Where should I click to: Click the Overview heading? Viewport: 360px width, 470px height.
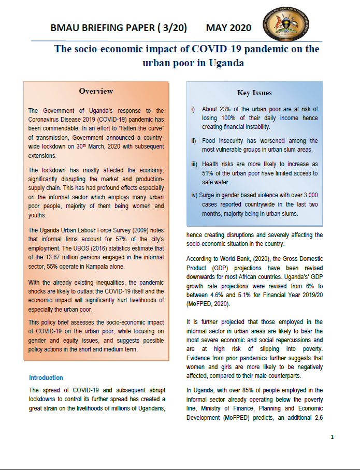tap(96, 91)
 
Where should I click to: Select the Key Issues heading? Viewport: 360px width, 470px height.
tap(254, 93)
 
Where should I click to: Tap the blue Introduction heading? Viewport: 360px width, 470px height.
tap(46, 378)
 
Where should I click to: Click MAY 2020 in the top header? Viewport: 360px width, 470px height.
tap(228, 28)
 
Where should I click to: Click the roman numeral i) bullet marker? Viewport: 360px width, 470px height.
tap(193, 109)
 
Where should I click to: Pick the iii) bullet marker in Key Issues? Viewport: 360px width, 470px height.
tap(194, 164)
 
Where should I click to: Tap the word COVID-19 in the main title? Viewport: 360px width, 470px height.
tap(213, 50)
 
